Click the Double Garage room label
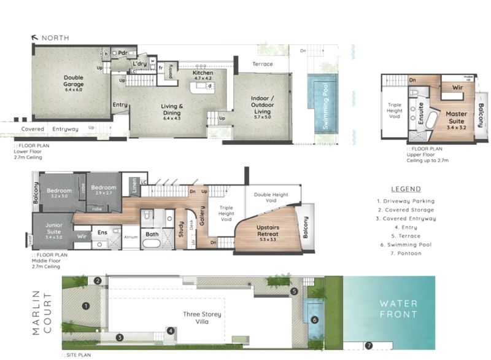(x=73, y=80)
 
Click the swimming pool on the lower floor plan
(x=320, y=104)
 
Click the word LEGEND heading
(x=406, y=189)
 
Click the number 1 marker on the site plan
(x=87, y=305)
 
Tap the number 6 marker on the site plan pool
(x=314, y=319)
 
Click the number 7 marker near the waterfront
(x=368, y=345)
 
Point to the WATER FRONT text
(x=398, y=308)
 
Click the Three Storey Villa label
(x=202, y=318)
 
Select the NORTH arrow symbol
(x=35, y=38)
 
